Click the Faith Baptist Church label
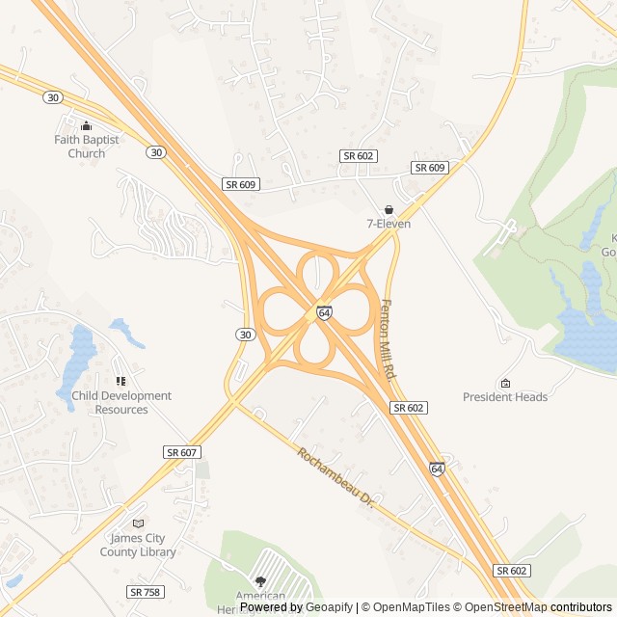(87, 147)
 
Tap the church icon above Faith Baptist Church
(87, 125)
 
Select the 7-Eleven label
(389, 224)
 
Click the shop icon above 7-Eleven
(389, 209)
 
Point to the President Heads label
(504, 396)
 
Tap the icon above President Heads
(504, 382)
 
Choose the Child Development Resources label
(121, 402)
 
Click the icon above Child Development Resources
(121, 382)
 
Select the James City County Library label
(138, 545)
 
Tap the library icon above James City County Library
(138, 523)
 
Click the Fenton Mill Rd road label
(389, 338)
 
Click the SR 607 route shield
(181, 452)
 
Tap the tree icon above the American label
(260, 581)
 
